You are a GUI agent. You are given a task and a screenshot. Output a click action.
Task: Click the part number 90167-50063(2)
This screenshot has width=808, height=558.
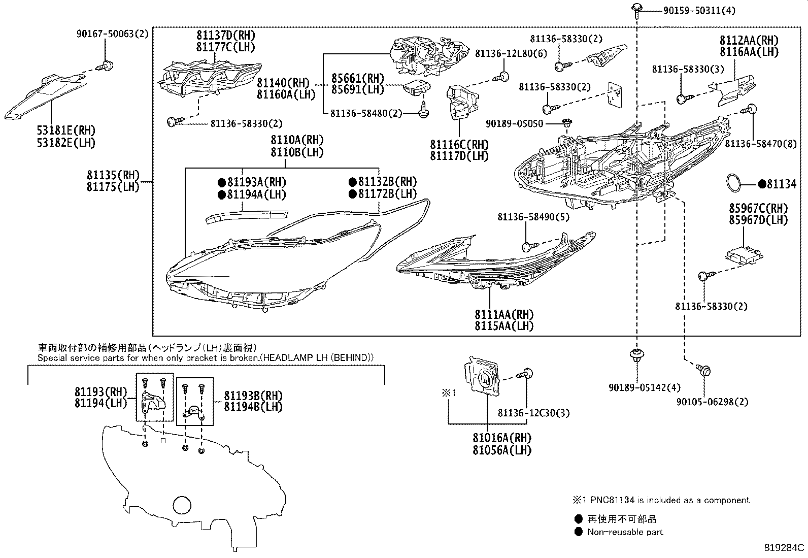point(113,34)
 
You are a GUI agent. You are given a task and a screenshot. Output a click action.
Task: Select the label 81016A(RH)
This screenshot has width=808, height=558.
point(502,438)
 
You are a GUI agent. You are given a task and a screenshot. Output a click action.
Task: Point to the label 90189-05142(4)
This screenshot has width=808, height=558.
point(645,387)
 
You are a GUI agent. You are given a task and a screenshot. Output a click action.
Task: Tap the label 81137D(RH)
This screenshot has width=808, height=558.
point(226,36)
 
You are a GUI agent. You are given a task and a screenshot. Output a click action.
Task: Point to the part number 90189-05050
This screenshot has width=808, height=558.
point(514,123)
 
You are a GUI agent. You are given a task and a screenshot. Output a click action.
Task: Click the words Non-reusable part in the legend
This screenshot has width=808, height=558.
point(625,532)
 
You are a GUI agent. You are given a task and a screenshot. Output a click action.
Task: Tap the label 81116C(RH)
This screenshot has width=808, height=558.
point(459,145)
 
